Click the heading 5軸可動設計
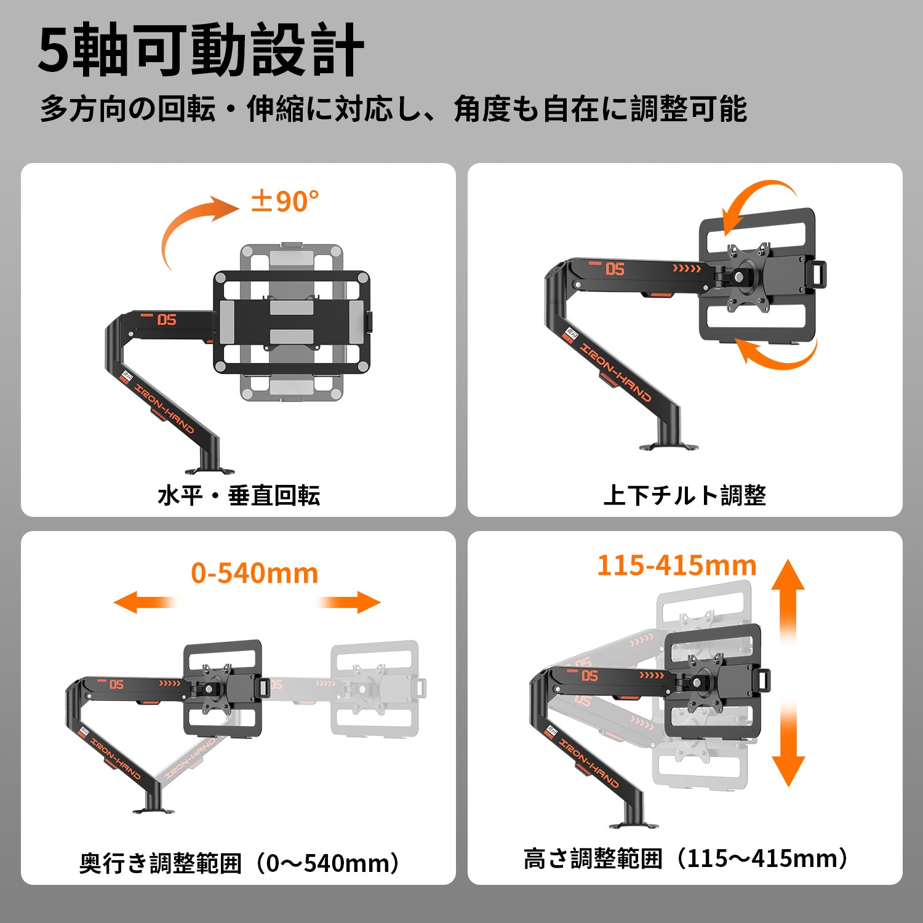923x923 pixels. tap(201, 50)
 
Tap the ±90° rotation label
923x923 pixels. tap(285, 201)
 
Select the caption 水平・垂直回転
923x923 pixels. tap(239, 495)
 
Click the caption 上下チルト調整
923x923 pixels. tap(685, 495)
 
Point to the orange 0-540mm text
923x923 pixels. tap(255, 573)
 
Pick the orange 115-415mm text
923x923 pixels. tap(677, 565)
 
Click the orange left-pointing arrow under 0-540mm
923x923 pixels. tap(146, 602)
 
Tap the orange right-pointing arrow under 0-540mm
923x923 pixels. tap(348, 602)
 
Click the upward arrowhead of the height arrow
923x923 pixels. tap(788, 575)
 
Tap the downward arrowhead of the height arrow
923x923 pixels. tap(788, 771)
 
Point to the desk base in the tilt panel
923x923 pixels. tap(668, 446)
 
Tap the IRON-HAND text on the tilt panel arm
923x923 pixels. tap(615, 372)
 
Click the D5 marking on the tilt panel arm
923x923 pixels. tap(615, 269)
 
